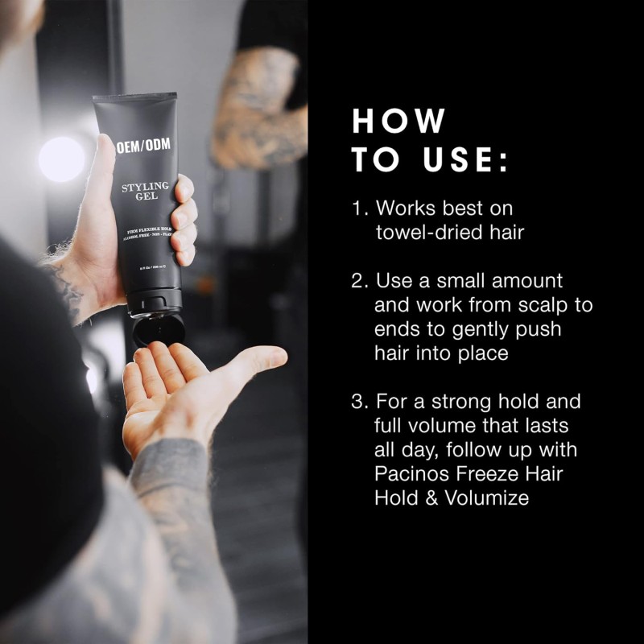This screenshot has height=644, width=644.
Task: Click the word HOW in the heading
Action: [398, 121]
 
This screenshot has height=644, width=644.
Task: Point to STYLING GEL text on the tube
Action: [145, 192]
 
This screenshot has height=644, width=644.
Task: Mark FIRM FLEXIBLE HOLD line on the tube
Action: [146, 231]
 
